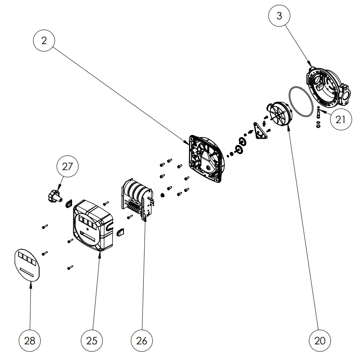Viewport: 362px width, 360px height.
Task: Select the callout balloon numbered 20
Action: tap(320, 340)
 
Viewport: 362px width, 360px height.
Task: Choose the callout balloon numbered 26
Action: tap(142, 340)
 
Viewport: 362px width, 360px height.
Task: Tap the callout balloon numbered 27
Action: tap(67, 167)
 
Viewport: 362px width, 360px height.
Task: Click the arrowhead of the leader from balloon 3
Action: tap(309, 65)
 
